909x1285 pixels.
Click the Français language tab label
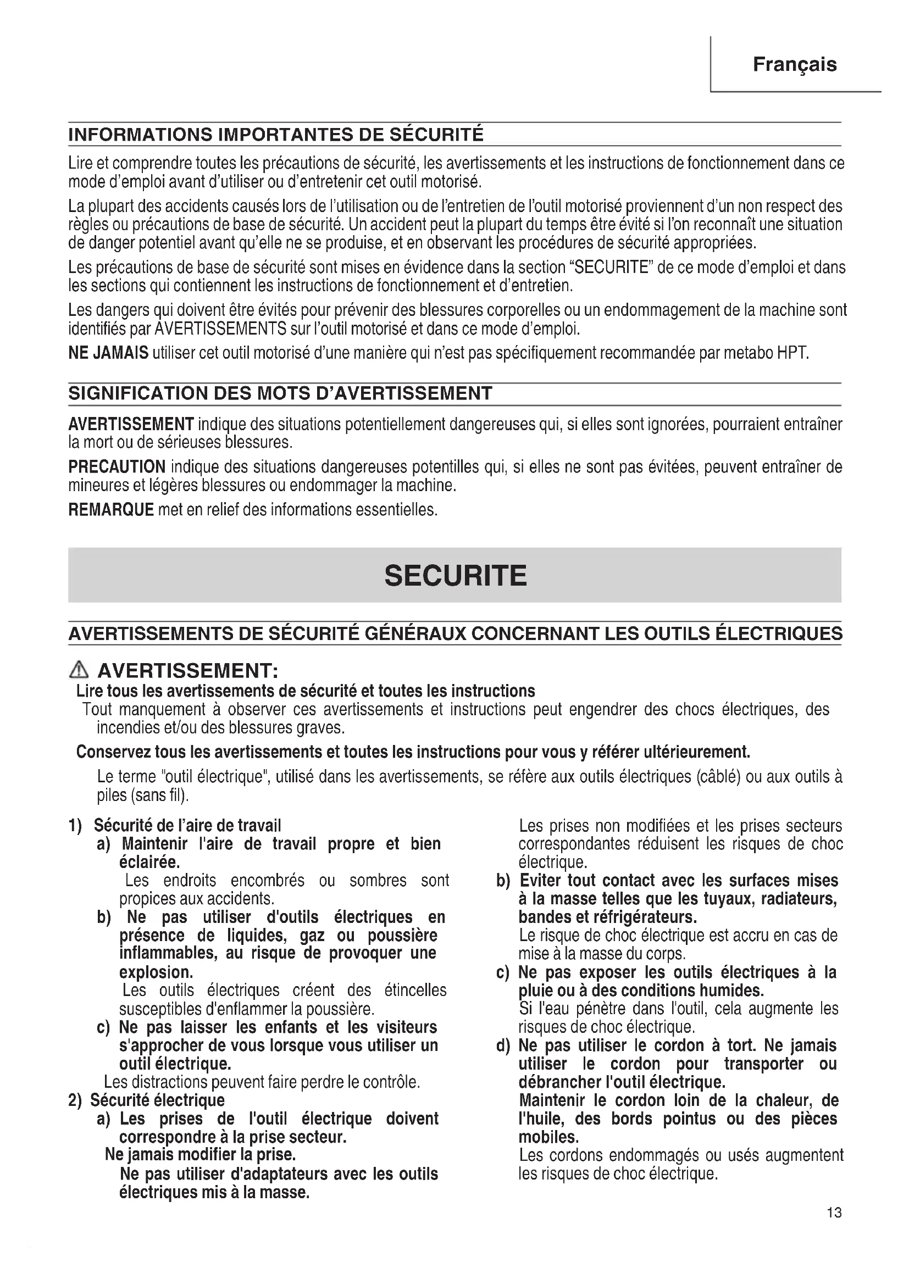click(794, 64)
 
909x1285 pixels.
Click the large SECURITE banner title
click(455, 575)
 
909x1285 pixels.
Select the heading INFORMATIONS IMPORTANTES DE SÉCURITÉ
click(275, 135)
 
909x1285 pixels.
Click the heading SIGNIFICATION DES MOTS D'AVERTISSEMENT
click(280, 393)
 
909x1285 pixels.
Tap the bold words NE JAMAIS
click(109, 353)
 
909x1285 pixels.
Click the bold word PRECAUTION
click(117, 467)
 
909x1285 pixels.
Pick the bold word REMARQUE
click(111, 510)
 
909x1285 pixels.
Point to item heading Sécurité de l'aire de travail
click(187, 826)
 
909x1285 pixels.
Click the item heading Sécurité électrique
click(157, 1100)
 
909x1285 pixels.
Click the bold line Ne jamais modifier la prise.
click(201, 1155)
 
